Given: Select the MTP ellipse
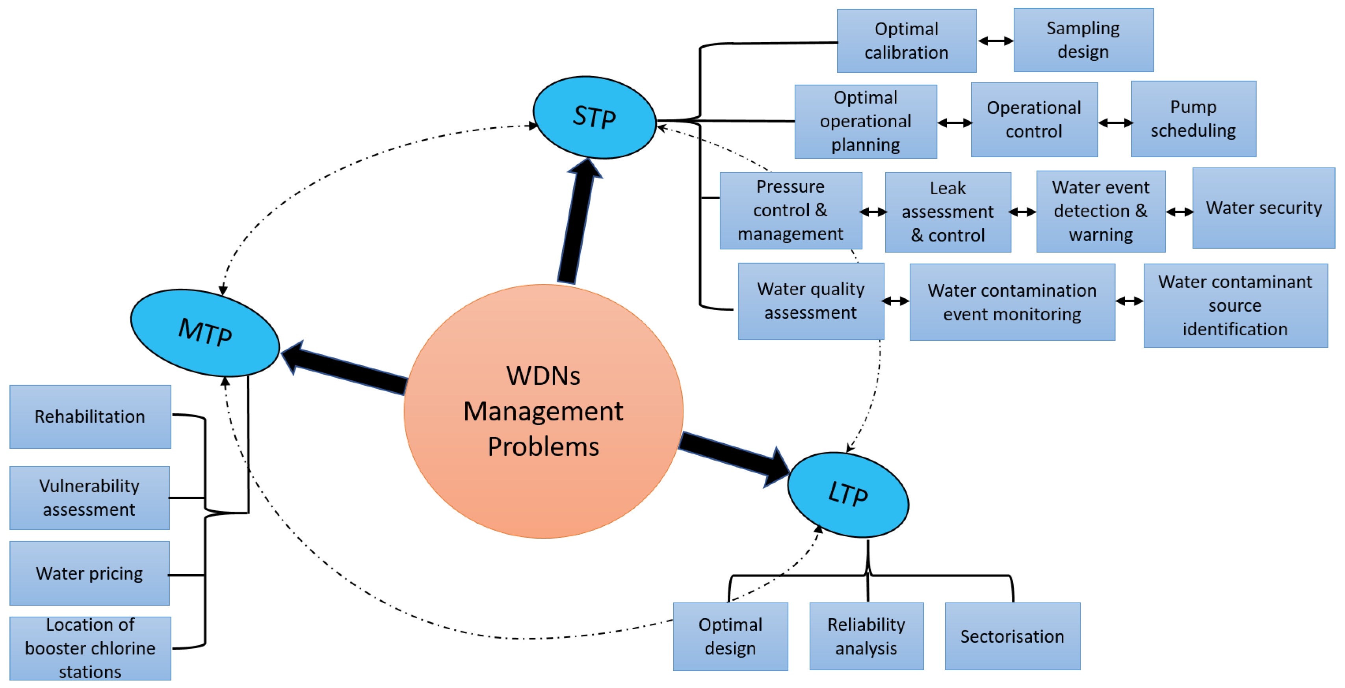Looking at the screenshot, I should point(205,332).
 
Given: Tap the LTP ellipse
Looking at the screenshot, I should point(848,494).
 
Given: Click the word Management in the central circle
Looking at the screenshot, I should point(543,411).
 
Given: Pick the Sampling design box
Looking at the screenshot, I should point(1083,40).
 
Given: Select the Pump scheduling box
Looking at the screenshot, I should point(1194,119).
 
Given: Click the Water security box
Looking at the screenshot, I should point(1263,208).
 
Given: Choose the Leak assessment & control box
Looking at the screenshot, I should point(947,212).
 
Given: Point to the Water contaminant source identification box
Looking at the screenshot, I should point(1235,306).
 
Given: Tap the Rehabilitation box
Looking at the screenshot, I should point(90,417).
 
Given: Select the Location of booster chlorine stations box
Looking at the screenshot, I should point(90,648).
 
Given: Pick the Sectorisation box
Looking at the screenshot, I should point(1012,636).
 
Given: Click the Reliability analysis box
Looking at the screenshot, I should point(866,636).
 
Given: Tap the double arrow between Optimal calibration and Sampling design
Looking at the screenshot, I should point(995,41).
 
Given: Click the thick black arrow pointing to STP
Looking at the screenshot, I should point(577,225).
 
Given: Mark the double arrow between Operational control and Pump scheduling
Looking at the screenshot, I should point(1115,123).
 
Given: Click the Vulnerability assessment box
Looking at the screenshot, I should point(89,498).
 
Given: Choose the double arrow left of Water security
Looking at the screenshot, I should point(1180,212).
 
